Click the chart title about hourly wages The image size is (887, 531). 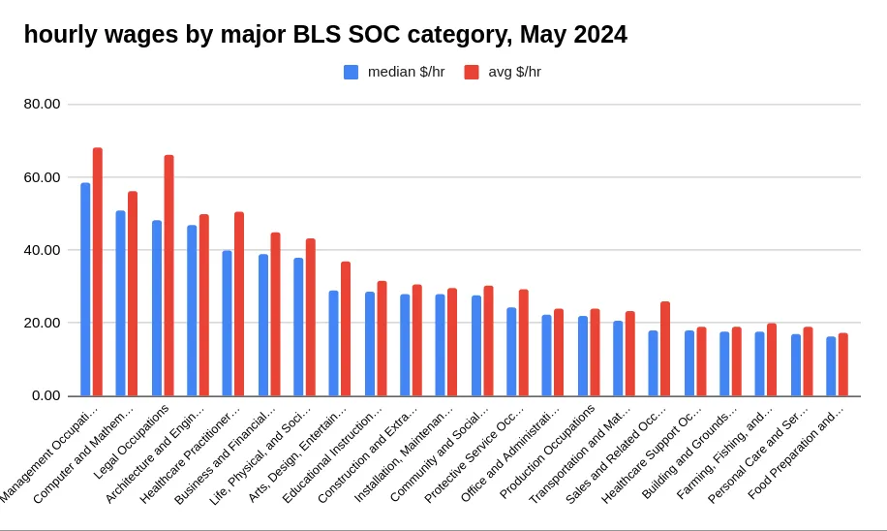point(325,35)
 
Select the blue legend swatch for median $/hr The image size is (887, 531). point(351,72)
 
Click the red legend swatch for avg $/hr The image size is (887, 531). point(472,72)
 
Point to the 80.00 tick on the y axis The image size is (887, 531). point(42,104)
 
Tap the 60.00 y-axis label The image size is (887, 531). point(42,177)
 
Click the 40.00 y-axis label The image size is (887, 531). point(42,250)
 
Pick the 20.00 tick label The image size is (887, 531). point(42,323)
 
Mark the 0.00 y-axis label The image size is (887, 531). point(46,395)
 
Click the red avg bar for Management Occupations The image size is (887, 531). point(98,271)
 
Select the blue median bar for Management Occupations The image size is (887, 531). point(85,289)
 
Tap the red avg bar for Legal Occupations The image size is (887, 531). point(168,275)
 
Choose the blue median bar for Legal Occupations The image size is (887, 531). point(157,308)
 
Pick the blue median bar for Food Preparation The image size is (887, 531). point(831,366)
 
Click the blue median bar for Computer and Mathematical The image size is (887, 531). point(121,303)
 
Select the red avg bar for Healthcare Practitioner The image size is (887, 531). point(239,304)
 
